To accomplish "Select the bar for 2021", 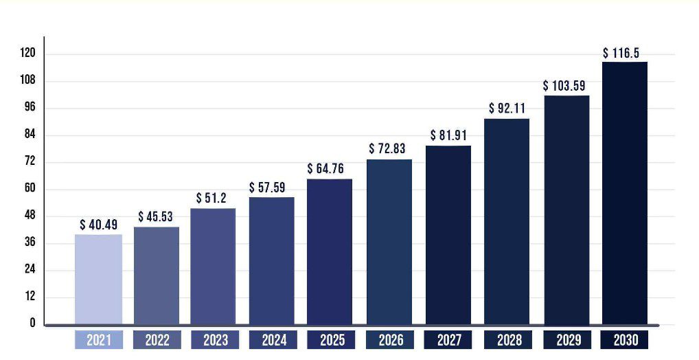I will (98, 279).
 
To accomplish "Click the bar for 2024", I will (271, 260).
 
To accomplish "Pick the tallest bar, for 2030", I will (625, 193).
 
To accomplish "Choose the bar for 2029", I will (566, 210).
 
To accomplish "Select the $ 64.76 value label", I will (330, 169).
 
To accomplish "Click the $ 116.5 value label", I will (625, 53).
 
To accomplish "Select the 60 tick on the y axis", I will (30, 189).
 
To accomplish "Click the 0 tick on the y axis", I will (32, 324).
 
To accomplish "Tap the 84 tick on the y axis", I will (30, 135).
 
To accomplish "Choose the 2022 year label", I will (157, 340).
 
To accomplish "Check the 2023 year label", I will (215, 340).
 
